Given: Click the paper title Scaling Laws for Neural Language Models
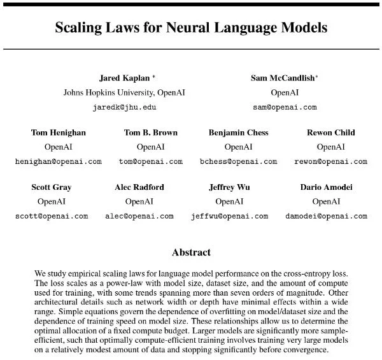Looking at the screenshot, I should pos(191,28).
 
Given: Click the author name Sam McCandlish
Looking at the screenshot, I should pos(284,78).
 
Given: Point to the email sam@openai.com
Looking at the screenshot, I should pos(285,107).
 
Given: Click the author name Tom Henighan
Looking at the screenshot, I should pos(58,133).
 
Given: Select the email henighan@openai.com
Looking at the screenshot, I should pos(58,161).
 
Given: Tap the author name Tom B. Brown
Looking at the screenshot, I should pos(151,133).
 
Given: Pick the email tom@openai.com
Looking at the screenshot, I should pos(151,161).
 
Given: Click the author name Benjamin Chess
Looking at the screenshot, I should pos(238,133).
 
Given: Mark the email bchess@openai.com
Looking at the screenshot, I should pos(238,161).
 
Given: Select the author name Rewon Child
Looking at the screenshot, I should pos(330,133).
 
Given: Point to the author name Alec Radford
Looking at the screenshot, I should pos(139,187).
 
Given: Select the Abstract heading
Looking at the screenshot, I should pos(192,252).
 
